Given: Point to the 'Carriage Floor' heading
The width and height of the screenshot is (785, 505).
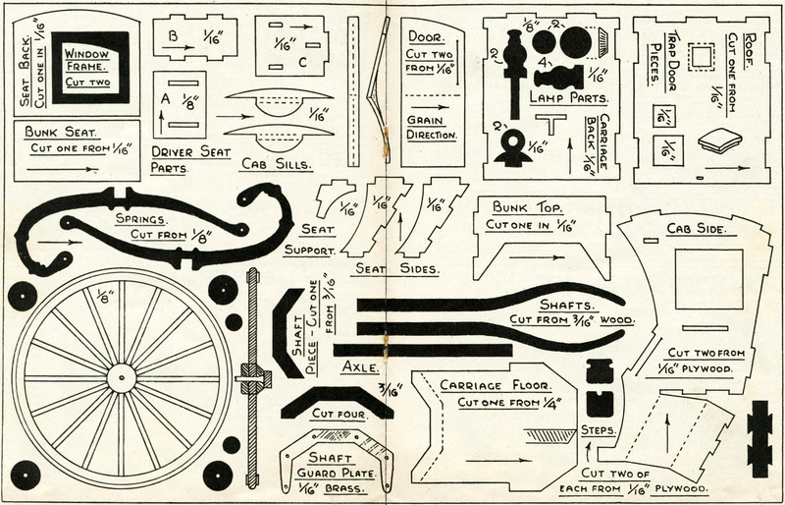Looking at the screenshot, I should pos(497,384).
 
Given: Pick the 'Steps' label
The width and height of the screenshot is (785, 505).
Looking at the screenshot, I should pos(598,430).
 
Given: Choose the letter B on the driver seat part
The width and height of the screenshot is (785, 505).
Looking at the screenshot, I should pos(173,37).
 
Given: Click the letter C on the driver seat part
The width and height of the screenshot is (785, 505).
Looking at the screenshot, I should pos(303,63).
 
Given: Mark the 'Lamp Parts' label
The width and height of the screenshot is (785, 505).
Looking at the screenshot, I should pos(569,99).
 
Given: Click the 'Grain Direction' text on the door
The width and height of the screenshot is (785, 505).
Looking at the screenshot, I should pos(432,128).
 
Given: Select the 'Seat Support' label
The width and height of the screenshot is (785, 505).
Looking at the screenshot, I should pos(310,239).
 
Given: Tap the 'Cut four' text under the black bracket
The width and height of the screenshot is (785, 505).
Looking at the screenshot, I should pos(339,415).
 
